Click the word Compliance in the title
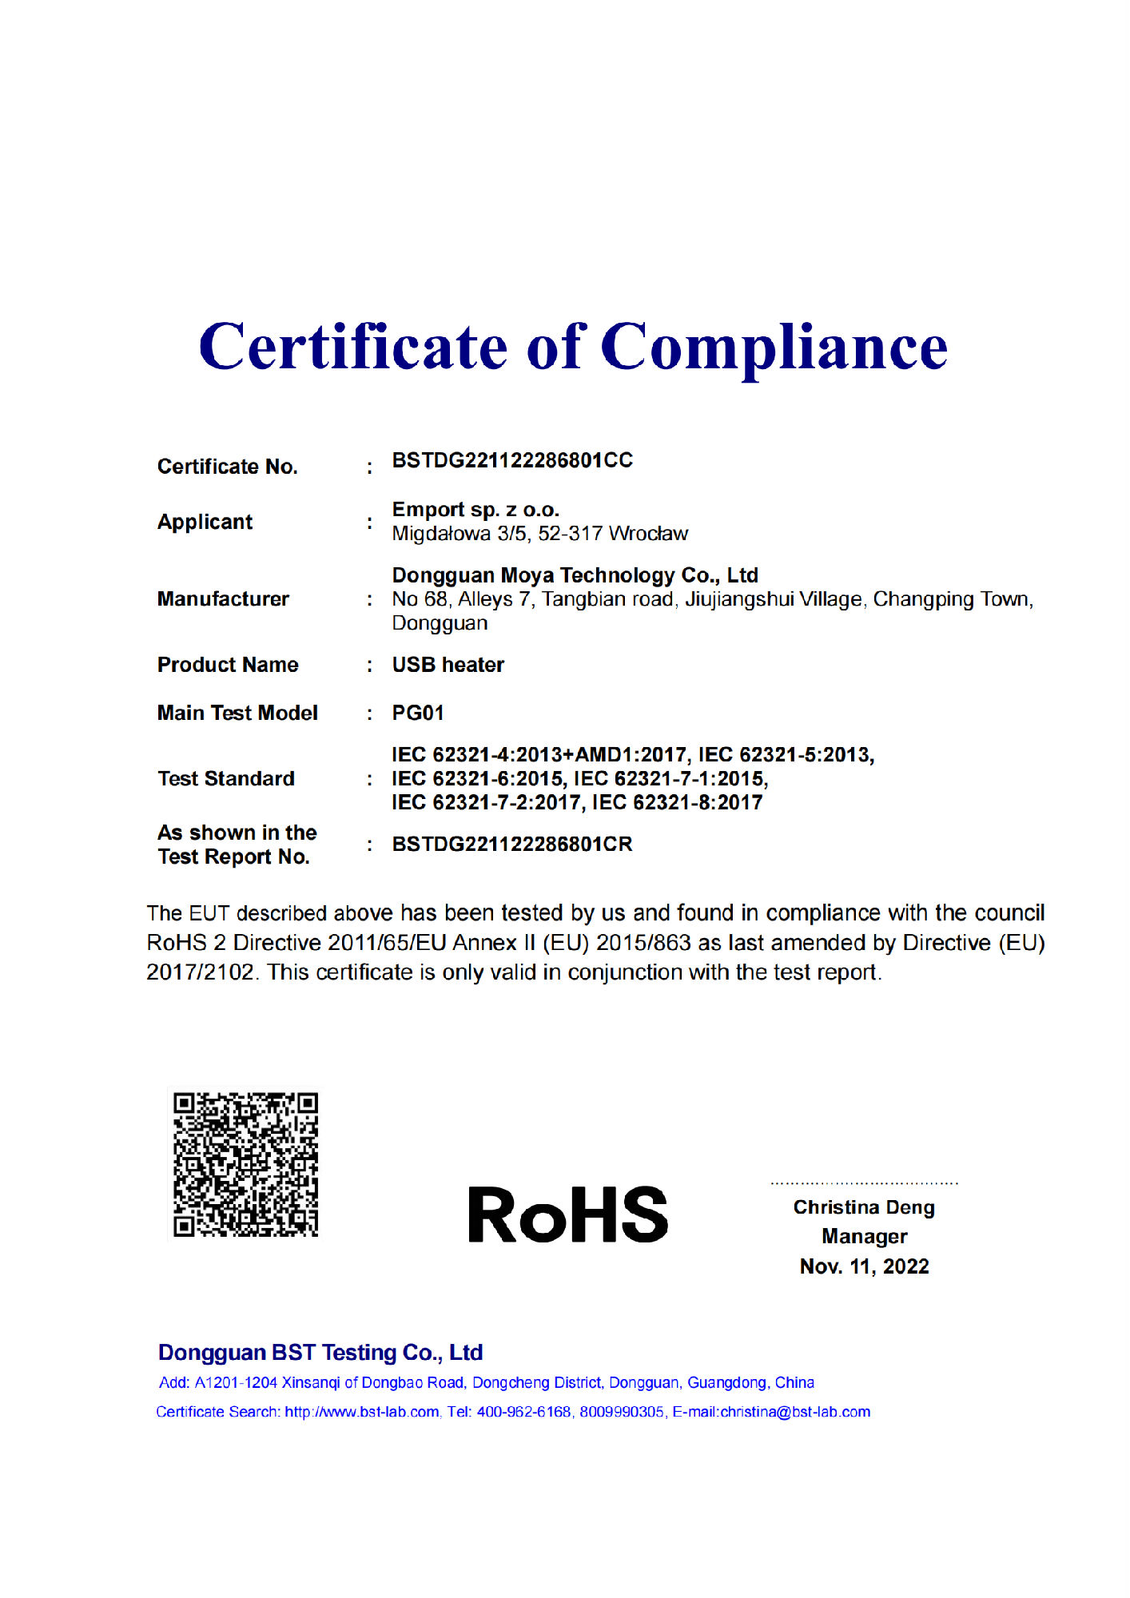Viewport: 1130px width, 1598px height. tap(774, 348)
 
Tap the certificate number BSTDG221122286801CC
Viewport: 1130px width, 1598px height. tap(511, 460)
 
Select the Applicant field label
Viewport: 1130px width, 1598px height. tap(205, 522)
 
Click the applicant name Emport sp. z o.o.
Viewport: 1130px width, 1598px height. tap(475, 510)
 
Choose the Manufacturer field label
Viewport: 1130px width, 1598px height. tap(223, 599)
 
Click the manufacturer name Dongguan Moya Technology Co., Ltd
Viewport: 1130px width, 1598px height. tap(575, 575)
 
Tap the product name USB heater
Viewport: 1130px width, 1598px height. tap(448, 665)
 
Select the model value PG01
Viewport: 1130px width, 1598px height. tap(417, 713)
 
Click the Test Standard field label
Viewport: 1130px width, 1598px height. tap(226, 778)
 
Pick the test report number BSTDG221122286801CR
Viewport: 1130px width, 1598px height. tap(511, 845)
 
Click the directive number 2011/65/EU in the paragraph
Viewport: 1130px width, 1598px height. tap(387, 943)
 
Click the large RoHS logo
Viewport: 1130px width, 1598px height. tap(567, 1214)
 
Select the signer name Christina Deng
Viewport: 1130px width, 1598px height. tap(864, 1207)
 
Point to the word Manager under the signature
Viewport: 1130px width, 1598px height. tap(864, 1237)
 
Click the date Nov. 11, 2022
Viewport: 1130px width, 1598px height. tap(864, 1266)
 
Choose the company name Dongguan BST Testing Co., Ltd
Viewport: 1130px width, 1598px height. tap(320, 1353)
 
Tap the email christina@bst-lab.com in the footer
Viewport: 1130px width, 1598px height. tap(795, 1412)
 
